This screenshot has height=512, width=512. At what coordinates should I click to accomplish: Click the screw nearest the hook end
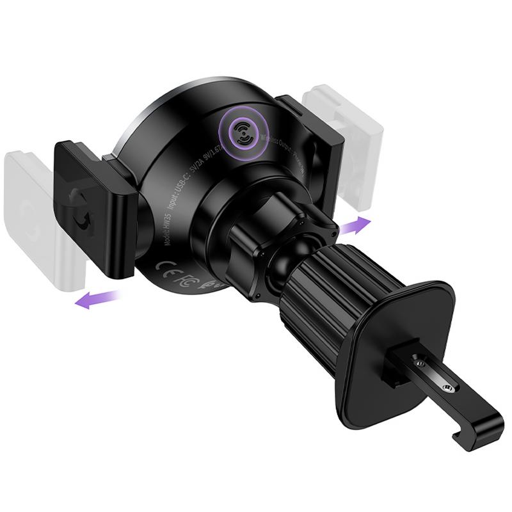[446, 388]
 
